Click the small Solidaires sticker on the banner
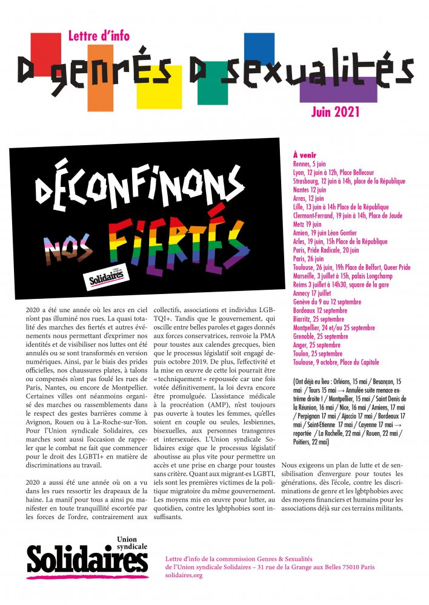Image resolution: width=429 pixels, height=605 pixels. [x=107, y=277]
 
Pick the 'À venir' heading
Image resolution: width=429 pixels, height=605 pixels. [x=304, y=155]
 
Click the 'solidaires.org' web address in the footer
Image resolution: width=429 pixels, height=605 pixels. [x=184, y=575]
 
